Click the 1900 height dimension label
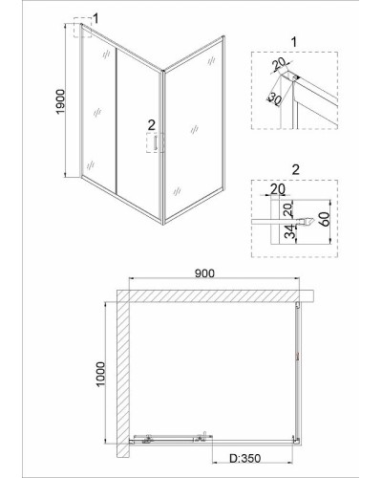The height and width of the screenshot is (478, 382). pyautogui.click(x=60, y=101)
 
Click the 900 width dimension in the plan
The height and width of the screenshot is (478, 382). pyautogui.click(x=204, y=272)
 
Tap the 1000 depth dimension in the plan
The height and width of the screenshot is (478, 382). pyautogui.click(x=100, y=374)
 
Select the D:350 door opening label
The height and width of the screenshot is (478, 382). pyautogui.click(x=245, y=459)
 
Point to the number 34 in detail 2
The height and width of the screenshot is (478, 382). pyautogui.click(x=289, y=231)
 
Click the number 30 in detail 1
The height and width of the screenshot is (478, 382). pyautogui.click(x=274, y=99)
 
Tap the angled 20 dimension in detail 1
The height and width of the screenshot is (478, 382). pyautogui.click(x=280, y=65)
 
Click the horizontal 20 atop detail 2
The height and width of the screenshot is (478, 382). pyautogui.click(x=278, y=188)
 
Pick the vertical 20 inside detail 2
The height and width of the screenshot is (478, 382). pyautogui.click(x=287, y=209)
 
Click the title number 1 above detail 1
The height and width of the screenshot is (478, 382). pyautogui.click(x=294, y=42)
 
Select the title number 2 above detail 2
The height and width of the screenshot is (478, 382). pyautogui.click(x=296, y=169)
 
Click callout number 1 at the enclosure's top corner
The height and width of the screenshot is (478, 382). pyautogui.click(x=95, y=18)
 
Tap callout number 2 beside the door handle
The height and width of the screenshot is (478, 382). pyautogui.click(x=152, y=124)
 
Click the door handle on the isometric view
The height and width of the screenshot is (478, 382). pyautogui.click(x=156, y=142)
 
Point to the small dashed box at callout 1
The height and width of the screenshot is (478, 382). pyautogui.click(x=82, y=28)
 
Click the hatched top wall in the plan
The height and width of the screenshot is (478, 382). pyautogui.click(x=215, y=295)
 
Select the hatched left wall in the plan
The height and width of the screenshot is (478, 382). pyautogui.click(x=122, y=373)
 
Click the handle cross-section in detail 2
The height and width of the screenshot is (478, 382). pyautogui.click(x=307, y=221)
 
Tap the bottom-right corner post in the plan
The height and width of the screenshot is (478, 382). pyautogui.click(x=297, y=440)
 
